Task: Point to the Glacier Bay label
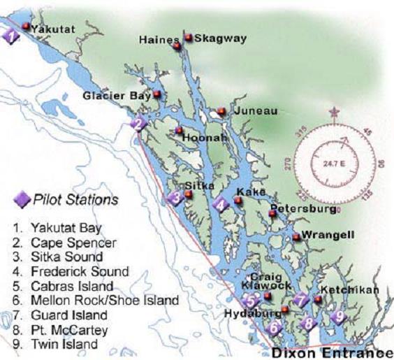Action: tap(117, 95)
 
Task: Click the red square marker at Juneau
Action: tap(221, 111)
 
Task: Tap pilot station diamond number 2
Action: tap(138, 124)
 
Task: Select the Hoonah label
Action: tap(205, 139)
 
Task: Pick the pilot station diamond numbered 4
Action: tap(221, 205)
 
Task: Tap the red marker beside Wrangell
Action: tap(296, 237)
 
